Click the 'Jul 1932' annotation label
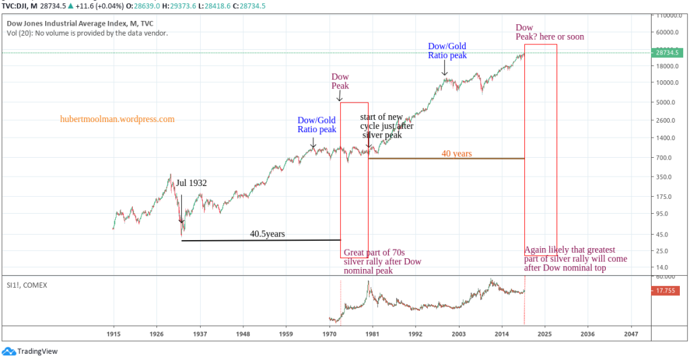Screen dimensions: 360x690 point(191,183)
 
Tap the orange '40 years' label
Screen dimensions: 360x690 point(456,153)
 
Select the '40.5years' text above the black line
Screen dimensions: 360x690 point(268,234)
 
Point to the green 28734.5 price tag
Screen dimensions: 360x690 point(668,52)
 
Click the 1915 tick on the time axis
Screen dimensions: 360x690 point(113,334)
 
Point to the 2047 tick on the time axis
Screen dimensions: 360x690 point(631,334)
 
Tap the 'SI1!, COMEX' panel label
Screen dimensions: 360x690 point(26,285)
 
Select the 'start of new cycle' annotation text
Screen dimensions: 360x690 point(386,126)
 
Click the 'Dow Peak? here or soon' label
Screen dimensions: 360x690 point(549,32)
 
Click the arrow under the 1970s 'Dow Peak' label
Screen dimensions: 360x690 point(340,96)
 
